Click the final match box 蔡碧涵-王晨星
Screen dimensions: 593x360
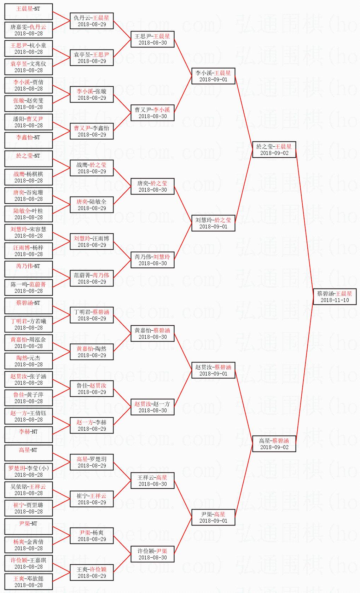click(x=335, y=296)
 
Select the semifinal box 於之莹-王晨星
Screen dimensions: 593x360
click(x=274, y=149)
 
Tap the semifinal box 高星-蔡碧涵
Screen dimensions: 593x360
click(x=274, y=443)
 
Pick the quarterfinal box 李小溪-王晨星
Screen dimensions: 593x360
click(x=213, y=76)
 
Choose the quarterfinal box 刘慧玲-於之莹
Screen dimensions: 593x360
click(x=213, y=223)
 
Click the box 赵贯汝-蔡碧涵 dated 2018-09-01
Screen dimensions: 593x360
click(x=213, y=370)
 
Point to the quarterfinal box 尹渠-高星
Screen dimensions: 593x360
click(x=213, y=517)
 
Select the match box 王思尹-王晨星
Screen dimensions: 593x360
click(x=152, y=39)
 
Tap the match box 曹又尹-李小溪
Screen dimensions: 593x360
click(x=152, y=112)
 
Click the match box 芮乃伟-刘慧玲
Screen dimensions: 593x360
click(x=152, y=260)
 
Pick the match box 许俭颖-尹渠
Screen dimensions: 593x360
click(x=152, y=554)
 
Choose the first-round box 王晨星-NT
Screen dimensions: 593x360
click(x=29, y=11)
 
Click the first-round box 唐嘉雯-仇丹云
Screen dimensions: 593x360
click(x=29, y=30)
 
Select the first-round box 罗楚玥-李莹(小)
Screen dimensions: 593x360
click(x=29, y=471)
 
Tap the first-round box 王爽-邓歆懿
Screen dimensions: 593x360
click(x=29, y=581)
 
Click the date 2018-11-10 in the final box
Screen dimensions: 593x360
click(x=335, y=300)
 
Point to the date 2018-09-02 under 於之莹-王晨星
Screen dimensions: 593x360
click(x=274, y=153)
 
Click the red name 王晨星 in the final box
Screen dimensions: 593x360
click(x=344, y=293)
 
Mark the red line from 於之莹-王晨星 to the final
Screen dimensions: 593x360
click(x=304, y=223)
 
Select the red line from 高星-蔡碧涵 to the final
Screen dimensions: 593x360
click(x=304, y=370)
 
